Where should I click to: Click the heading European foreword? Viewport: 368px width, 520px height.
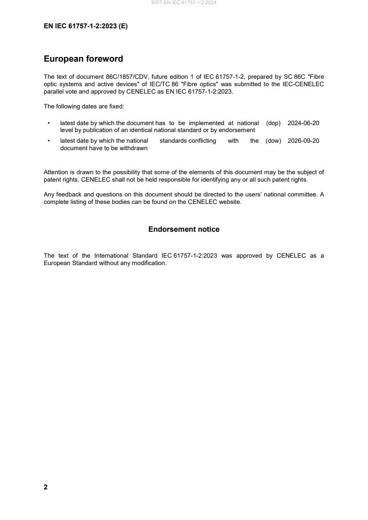(x=83, y=59)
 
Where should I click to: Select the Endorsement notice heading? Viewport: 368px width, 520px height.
(x=184, y=229)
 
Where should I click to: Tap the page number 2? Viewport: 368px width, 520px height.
(x=45, y=487)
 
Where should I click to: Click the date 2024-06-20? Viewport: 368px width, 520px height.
(x=303, y=123)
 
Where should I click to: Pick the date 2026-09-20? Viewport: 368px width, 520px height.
(x=303, y=141)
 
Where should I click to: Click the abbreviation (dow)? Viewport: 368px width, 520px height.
(x=274, y=141)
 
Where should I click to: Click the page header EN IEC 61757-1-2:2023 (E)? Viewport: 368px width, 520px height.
(x=85, y=26)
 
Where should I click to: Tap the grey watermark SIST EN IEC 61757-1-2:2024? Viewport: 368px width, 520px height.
(x=184, y=3)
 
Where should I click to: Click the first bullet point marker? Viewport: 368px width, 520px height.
(x=49, y=123)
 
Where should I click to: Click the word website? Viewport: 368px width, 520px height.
(x=230, y=202)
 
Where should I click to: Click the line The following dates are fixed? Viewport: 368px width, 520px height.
(x=84, y=107)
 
